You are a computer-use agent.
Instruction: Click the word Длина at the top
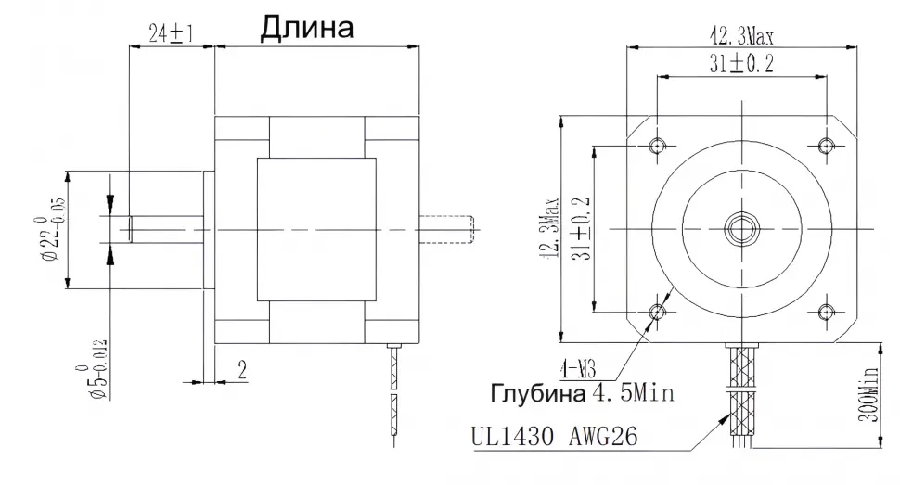click(x=306, y=28)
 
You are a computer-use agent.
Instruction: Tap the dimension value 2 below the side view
click(x=240, y=371)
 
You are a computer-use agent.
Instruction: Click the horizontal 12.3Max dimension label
click(x=741, y=36)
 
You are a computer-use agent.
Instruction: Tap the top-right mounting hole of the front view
click(x=825, y=146)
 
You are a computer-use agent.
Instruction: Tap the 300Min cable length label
click(x=868, y=394)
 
